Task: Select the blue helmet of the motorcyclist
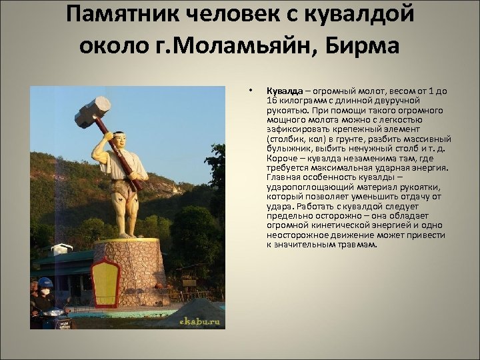click(x=45, y=283)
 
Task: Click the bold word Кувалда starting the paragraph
click(x=285, y=90)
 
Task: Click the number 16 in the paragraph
click(x=272, y=99)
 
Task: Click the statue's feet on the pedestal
click(x=126, y=235)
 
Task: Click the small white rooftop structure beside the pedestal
click(x=61, y=249)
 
